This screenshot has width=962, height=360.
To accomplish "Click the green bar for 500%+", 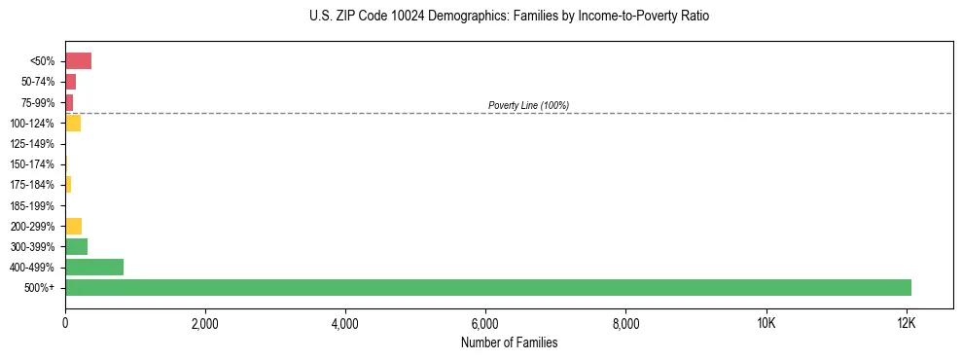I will point(488,287).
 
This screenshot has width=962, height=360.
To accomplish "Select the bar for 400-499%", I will point(94,267).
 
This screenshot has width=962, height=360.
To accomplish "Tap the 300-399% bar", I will point(76,246).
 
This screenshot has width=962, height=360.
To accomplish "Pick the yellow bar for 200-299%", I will point(73,226).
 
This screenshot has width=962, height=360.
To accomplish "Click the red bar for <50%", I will point(78,61).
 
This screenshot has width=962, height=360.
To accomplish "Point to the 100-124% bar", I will point(73,124).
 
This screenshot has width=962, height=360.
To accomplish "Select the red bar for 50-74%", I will point(70,82).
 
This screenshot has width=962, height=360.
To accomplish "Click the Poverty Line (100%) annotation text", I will point(528,105).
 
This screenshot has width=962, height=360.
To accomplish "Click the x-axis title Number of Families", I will point(509,342).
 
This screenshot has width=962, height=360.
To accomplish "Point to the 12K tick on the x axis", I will point(906,322).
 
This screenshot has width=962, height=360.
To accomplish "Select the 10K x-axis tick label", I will point(766,322).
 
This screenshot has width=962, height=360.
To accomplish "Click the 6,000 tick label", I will point(485,322).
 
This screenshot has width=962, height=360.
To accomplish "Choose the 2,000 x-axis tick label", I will point(205,322).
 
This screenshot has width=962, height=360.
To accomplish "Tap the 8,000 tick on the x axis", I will point(625,322).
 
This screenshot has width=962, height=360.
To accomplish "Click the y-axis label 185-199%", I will point(32,205).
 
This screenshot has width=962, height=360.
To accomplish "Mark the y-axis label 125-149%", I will point(32,144).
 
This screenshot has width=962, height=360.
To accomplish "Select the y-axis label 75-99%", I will point(36,103).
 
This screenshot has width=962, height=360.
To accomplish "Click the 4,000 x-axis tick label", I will point(345,322).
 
